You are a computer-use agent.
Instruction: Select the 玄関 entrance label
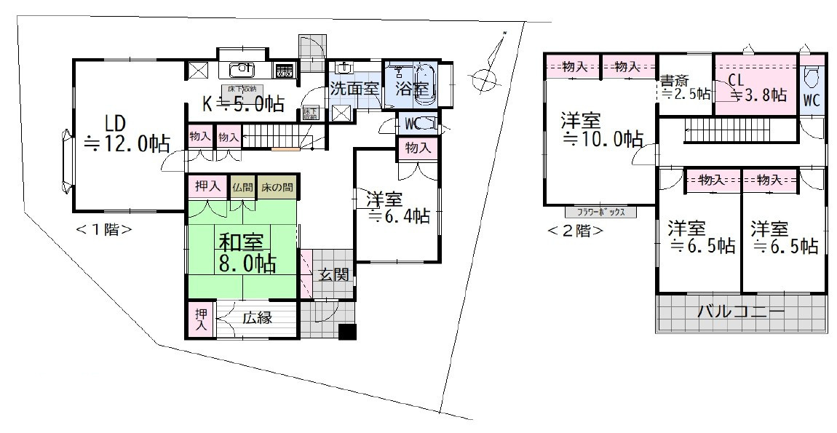334,275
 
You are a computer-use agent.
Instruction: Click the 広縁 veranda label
257,317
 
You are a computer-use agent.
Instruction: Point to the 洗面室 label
354,89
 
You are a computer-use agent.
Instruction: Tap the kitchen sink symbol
241,70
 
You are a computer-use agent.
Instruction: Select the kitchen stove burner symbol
284,71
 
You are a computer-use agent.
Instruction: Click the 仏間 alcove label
242,187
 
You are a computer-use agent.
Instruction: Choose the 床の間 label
277,187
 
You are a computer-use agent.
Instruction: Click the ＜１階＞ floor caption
103,229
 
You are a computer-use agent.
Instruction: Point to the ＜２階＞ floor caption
574,231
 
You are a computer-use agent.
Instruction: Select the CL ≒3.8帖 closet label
755,87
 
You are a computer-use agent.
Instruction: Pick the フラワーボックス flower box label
600,212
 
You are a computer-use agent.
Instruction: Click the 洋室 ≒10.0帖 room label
600,129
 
